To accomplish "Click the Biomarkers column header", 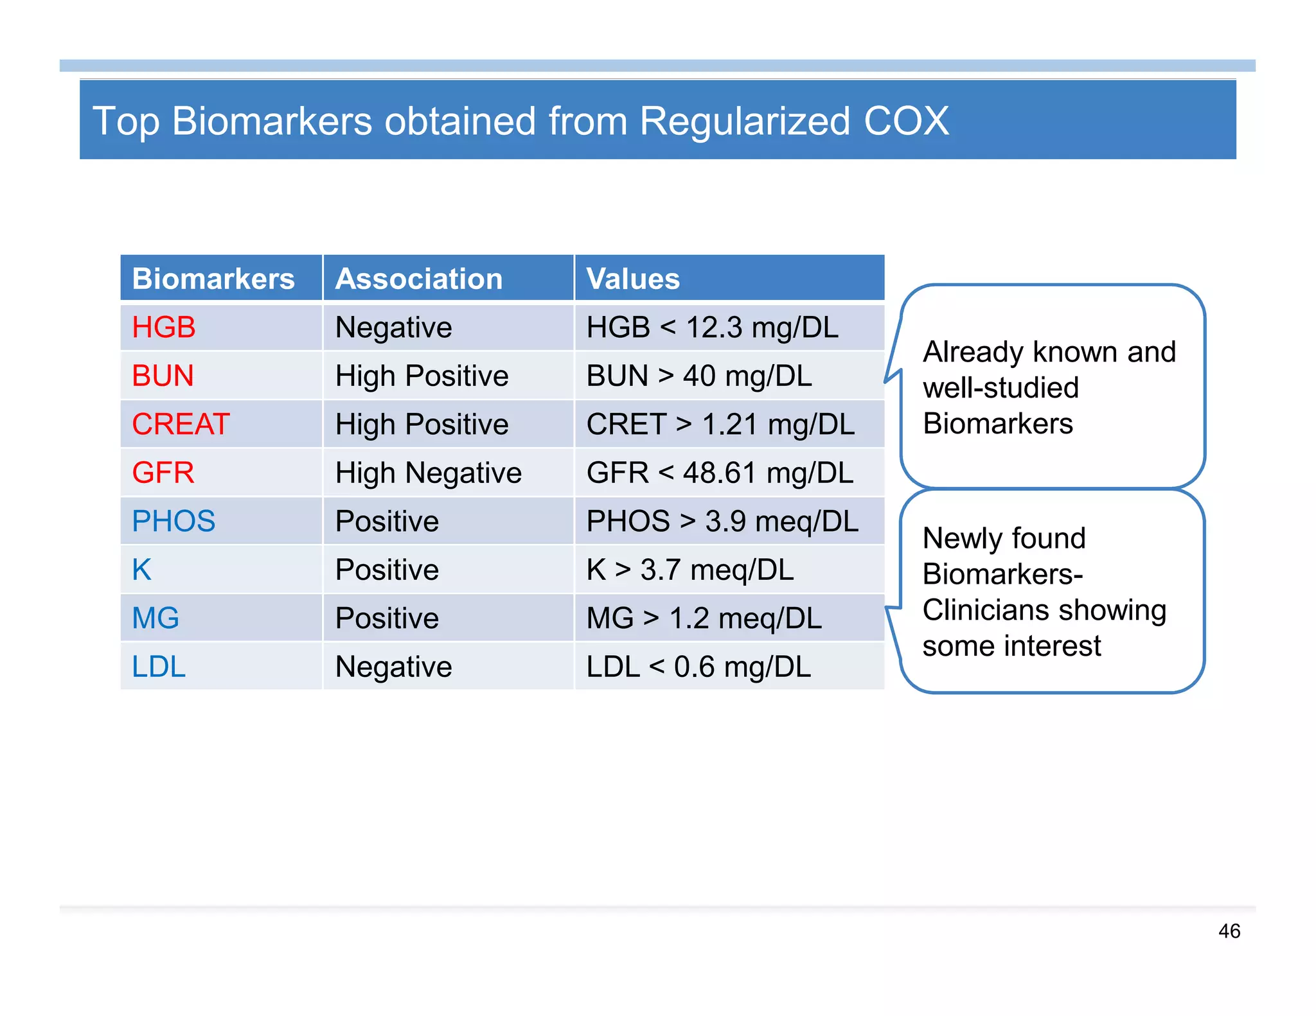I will coord(213,279).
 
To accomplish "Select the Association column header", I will coord(418,279).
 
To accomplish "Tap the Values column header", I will coord(633,279).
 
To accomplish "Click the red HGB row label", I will coord(163,328).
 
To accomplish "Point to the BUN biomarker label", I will coord(163,376).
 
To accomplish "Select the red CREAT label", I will coord(181,425).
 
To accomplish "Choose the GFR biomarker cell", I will coord(163,473).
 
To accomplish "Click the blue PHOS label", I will coord(173,521).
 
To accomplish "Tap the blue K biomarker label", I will coord(141,570).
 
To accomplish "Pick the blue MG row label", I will coord(156,618).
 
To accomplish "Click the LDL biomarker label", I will coord(159,667).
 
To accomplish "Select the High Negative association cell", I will coord(428,473).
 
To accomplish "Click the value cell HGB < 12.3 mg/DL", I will coord(712,328).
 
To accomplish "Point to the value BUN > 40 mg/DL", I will coord(699,376).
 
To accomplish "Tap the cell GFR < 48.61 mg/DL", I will coord(720,473).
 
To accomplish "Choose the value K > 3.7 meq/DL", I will coord(690,570).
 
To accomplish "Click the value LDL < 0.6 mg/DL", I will coord(698,667).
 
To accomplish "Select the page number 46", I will coord(1229,931).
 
